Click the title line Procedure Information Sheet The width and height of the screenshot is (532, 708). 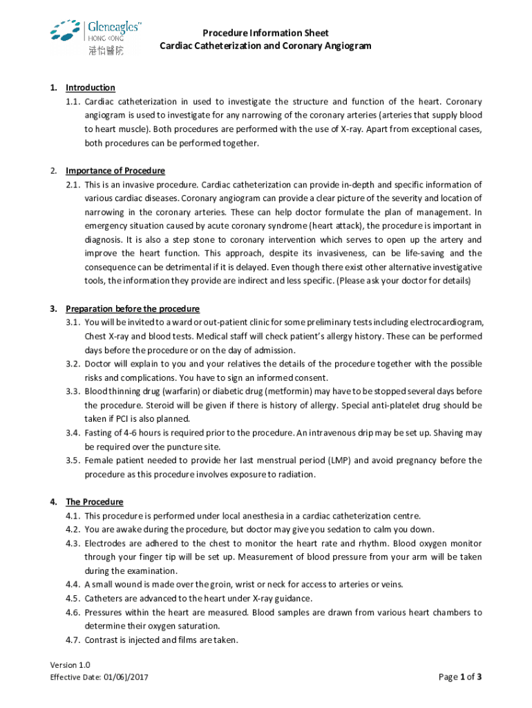(265, 32)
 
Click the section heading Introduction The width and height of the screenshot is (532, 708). (90, 88)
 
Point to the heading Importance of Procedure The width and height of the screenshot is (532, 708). (115, 171)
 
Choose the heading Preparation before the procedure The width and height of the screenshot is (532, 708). (132, 308)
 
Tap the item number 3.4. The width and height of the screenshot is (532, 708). (73, 433)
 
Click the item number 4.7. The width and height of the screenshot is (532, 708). (73, 640)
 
